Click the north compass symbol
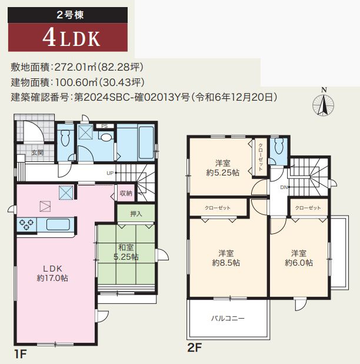pos(324,104)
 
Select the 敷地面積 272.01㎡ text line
pos(76,67)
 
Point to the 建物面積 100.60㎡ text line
pos(76,82)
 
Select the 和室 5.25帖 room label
pos(126,252)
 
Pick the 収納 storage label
pos(126,193)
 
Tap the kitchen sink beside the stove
pos(58,224)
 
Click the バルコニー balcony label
pos(228,318)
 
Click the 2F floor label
pos(194,348)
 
